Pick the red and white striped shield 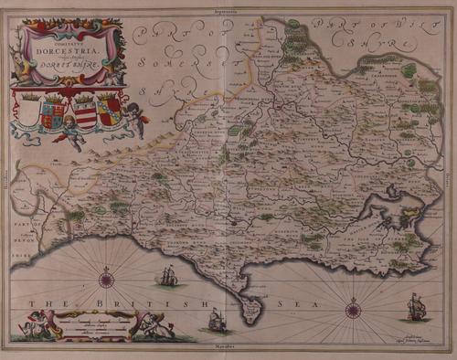coord(85,111)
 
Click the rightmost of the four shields coord(109,110)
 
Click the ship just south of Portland coord(216,319)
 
